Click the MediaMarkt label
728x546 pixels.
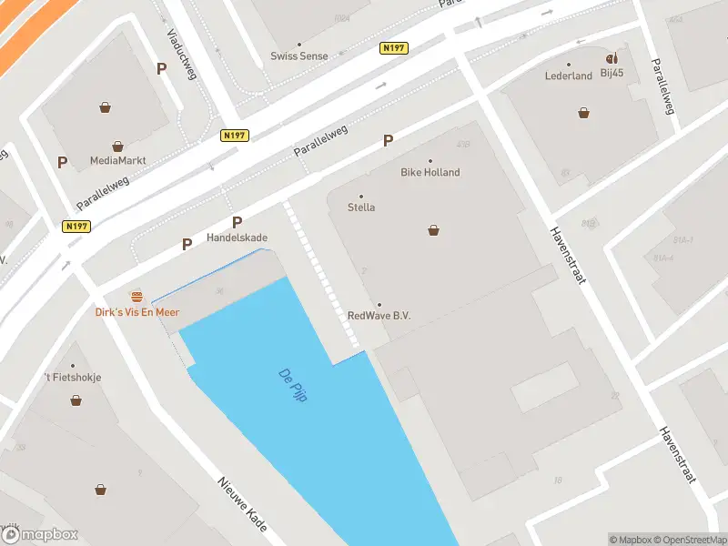[118, 161]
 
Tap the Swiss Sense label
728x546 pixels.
[299, 56]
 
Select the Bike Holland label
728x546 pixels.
[430, 172]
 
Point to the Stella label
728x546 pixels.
[361, 207]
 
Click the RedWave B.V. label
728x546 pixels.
[379, 316]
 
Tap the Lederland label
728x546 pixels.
[569, 76]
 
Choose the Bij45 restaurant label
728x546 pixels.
[612, 73]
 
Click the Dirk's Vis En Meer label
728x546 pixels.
[137, 312]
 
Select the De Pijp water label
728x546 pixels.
[292, 386]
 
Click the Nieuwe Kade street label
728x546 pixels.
[242, 505]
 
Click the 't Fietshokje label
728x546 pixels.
[73, 377]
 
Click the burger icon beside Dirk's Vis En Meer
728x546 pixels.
[137, 297]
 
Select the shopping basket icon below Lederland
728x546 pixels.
[583, 113]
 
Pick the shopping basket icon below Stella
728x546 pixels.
[434, 230]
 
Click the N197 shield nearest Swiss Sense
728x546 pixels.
[393, 47]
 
